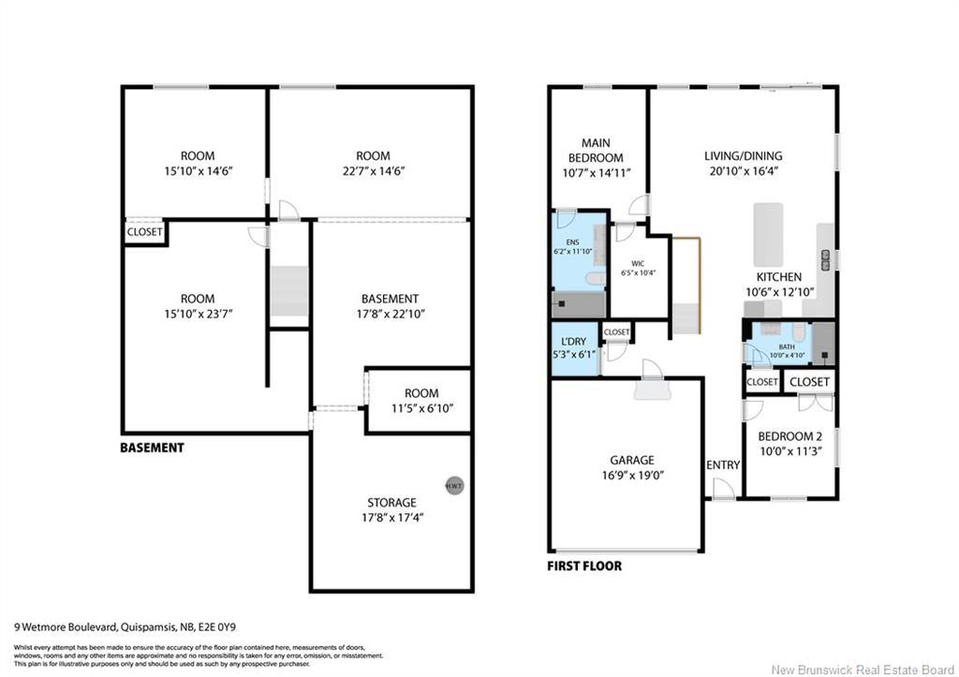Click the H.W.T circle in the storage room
coord(454,486)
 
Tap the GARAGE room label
coord(632,460)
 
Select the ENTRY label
coord(723,465)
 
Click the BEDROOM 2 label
coord(789,436)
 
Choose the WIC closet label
coord(638,263)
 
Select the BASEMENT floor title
coord(152,448)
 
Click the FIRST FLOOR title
coord(583,567)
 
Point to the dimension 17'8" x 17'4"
coord(391,518)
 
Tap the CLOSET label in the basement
coord(144,232)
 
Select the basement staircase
coord(288,291)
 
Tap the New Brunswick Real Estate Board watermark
coord(861,668)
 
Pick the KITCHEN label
coord(779,277)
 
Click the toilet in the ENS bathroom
coord(594,278)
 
